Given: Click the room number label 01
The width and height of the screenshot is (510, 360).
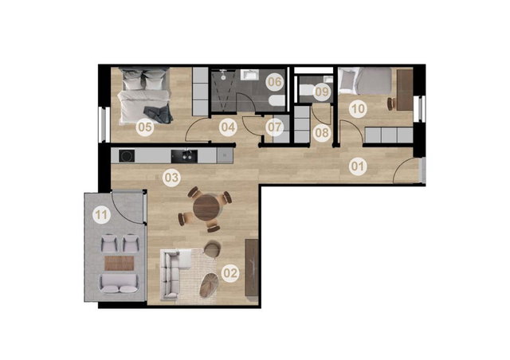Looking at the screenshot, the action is click(x=358, y=166).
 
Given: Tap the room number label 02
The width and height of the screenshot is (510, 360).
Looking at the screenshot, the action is click(x=230, y=273).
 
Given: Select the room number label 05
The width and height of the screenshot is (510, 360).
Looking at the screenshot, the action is click(x=145, y=127).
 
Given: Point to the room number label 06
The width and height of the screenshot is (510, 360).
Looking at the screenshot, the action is click(x=274, y=81).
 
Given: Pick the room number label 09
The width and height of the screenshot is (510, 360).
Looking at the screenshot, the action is click(x=322, y=92).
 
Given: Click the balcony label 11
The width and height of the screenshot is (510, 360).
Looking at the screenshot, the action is click(x=101, y=214).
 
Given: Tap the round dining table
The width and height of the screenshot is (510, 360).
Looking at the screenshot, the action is click(x=206, y=208).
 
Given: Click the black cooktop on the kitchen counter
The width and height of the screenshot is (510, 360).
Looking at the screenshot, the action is click(x=127, y=156).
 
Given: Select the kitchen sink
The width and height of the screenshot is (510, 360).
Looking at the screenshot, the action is click(x=184, y=156).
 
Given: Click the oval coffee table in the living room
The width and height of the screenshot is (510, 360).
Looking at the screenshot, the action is click(x=209, y=285).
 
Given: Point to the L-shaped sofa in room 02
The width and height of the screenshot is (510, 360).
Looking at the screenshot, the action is click(x=175, y=273).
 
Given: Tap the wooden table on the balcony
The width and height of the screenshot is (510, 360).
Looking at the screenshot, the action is click(x=119, y=263).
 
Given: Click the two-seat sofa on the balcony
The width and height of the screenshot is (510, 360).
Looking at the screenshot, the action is click(x=119, y=284).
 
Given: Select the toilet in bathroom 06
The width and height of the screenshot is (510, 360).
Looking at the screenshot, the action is click(x=277, y=101).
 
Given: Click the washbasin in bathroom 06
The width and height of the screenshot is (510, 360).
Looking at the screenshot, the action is click(x=249, y=75).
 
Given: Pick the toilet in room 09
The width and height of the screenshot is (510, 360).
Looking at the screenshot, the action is click(x=306, y=90).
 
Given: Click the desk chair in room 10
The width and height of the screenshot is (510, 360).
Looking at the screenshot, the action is click(x=391, y=104).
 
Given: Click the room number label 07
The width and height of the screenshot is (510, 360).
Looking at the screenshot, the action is click(x=274, y=127).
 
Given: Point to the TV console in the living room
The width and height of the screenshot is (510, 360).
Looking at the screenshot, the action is click(x=252, y=268).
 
